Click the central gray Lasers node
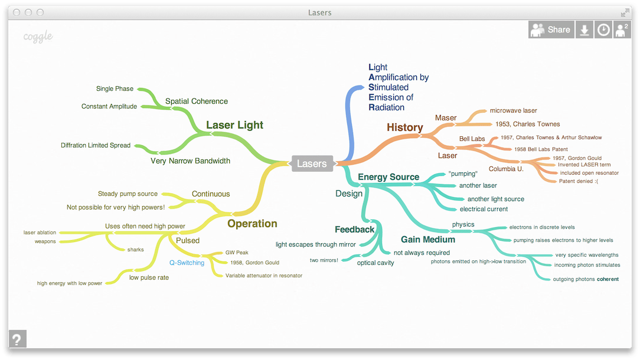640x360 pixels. pos(312,163)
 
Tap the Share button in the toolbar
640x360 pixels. pos(551,30)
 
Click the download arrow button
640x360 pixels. pos(584,30)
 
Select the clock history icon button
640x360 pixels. pos(603,30)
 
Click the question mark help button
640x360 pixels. pos(17,339)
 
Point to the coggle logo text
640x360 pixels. pos(38,37)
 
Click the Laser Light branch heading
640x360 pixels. pos(234,125)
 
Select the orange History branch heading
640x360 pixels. pos(404,127)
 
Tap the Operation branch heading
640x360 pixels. pos(252,224)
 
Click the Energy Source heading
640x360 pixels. pos(388,177)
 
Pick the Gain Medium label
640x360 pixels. pos(428,240)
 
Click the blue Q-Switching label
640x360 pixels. pos(187,263)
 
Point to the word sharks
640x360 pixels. pos(135,250)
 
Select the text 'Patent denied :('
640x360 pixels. pos(578,181)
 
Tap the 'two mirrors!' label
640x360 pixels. pos(324,260)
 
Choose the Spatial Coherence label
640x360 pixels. pos(196,102)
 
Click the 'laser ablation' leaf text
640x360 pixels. pos(40,233)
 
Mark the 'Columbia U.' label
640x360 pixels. pos(506,169)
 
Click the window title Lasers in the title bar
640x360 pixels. pos(320,12)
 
